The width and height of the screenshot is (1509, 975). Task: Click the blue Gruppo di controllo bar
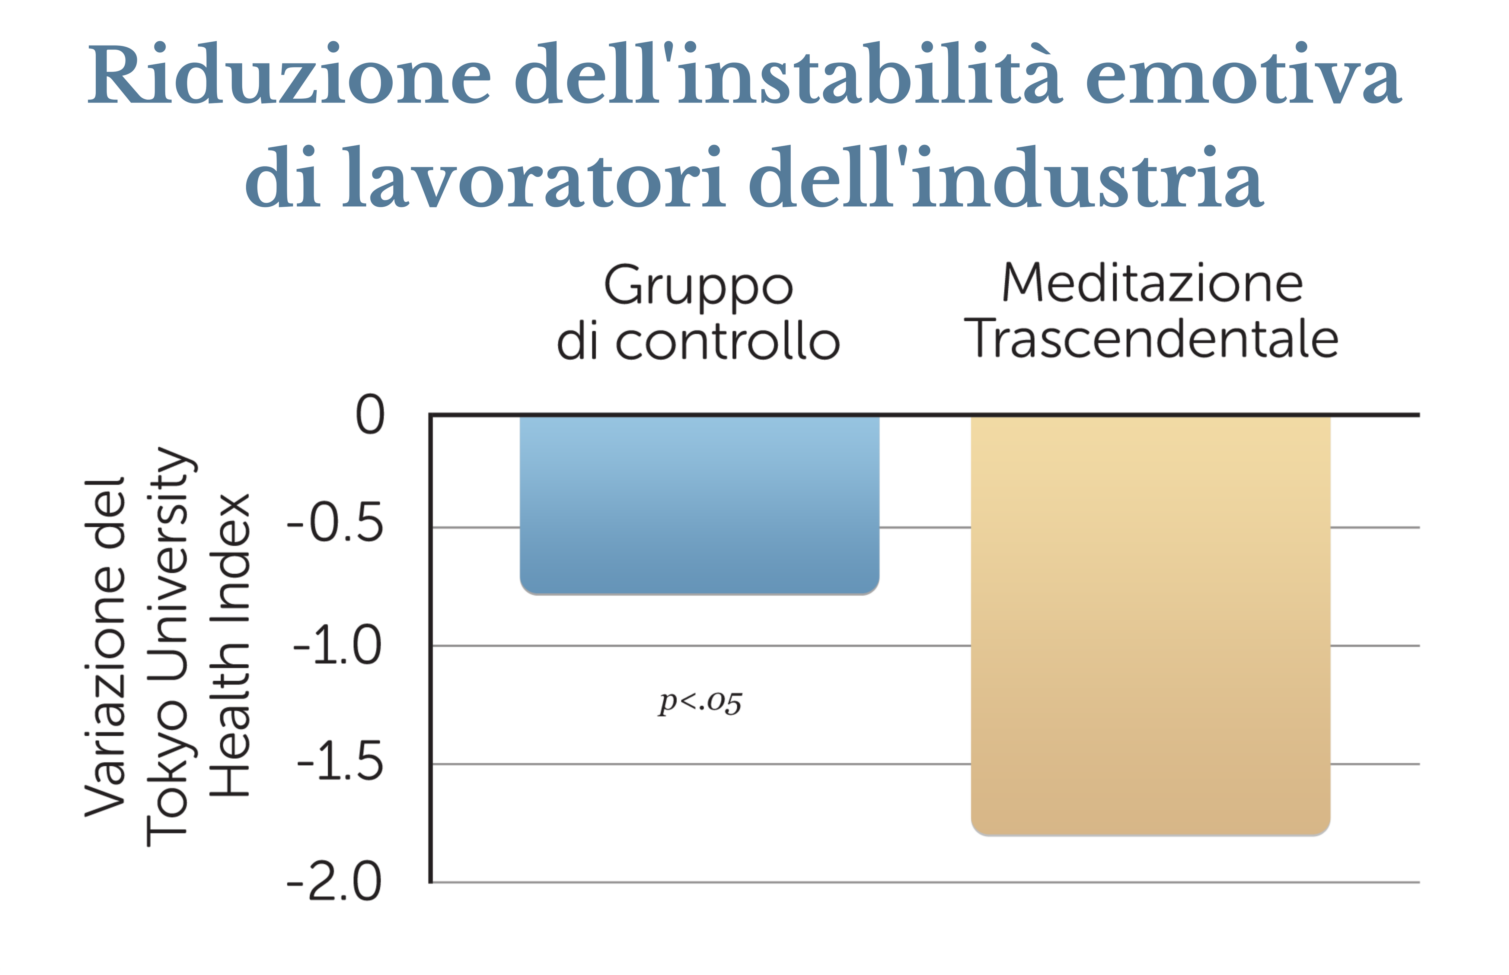point(699,505)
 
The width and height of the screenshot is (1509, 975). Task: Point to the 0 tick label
point(370,415)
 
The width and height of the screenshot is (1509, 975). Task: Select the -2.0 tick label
point(334,882)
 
